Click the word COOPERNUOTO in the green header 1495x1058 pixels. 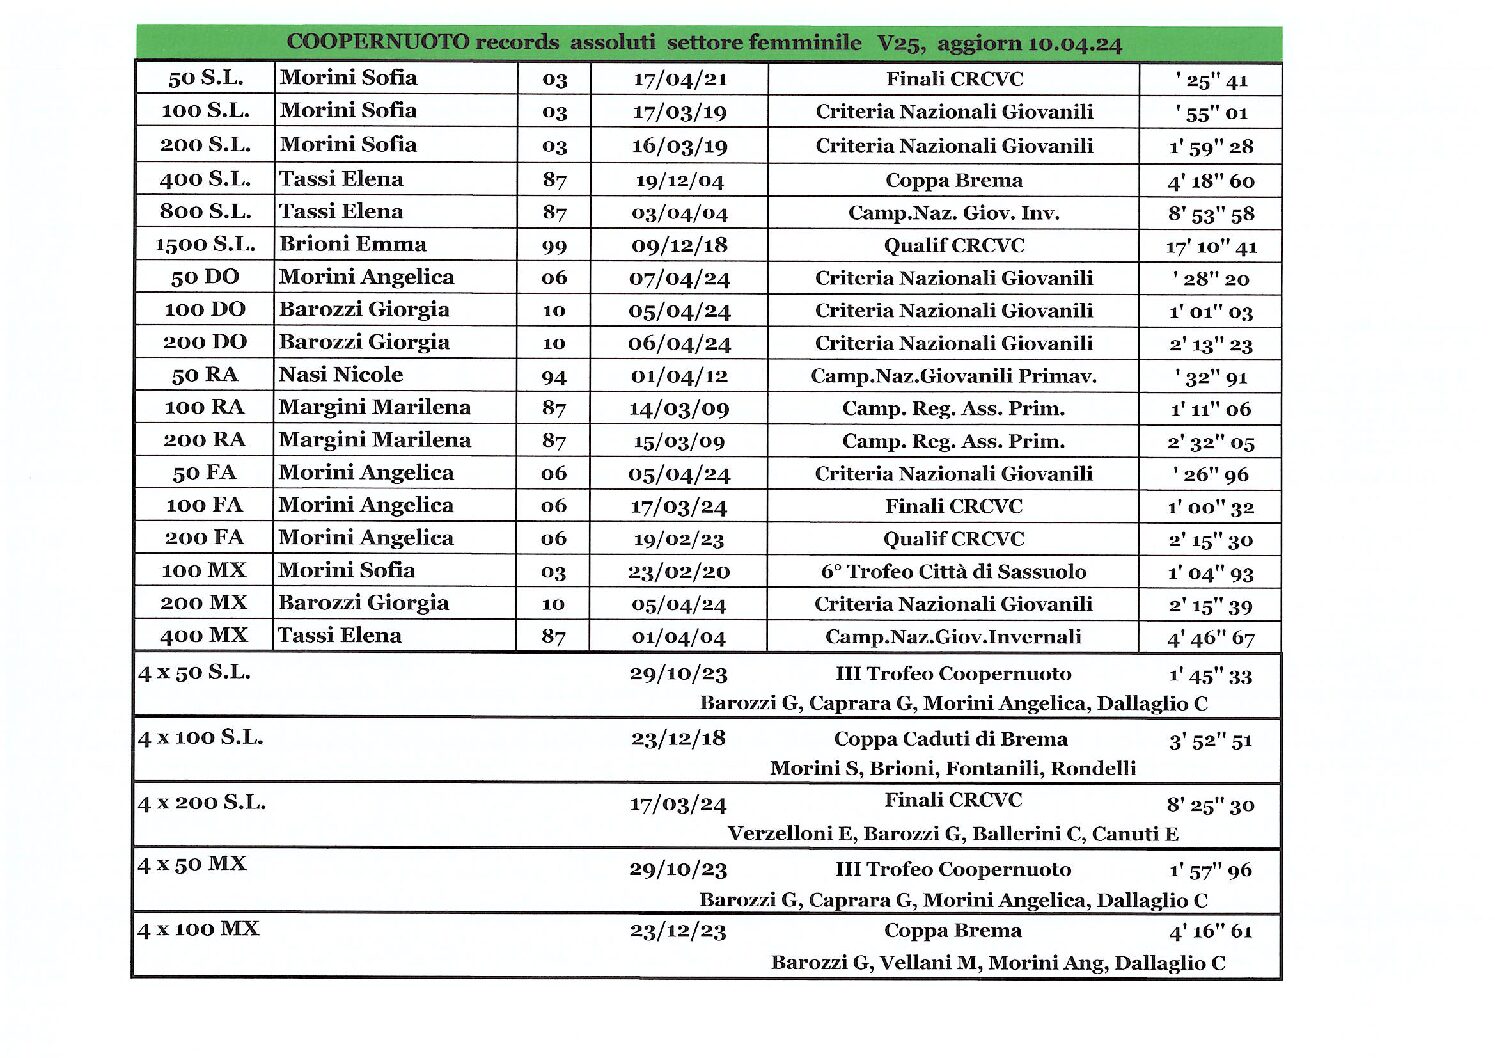377,43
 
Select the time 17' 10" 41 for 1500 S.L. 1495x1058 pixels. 1211,246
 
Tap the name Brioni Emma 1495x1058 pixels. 353,244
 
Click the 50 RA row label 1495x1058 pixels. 205,375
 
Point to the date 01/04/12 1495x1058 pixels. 679,376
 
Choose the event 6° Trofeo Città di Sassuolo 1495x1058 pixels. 953,571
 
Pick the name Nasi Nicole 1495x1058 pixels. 341,375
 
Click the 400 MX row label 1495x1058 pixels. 204,635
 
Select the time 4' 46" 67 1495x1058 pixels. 1210,637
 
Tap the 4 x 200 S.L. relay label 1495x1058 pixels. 202,802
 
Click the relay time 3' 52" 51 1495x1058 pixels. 1210,741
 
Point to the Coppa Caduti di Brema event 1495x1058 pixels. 951,739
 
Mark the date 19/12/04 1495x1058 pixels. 679,181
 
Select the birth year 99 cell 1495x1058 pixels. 554,246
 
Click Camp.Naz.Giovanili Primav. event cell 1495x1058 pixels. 953,376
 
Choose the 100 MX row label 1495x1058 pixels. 204,570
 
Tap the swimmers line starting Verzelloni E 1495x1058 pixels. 953,833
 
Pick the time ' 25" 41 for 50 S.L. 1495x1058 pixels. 1211,81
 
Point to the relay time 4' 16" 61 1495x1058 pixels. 1210,932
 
